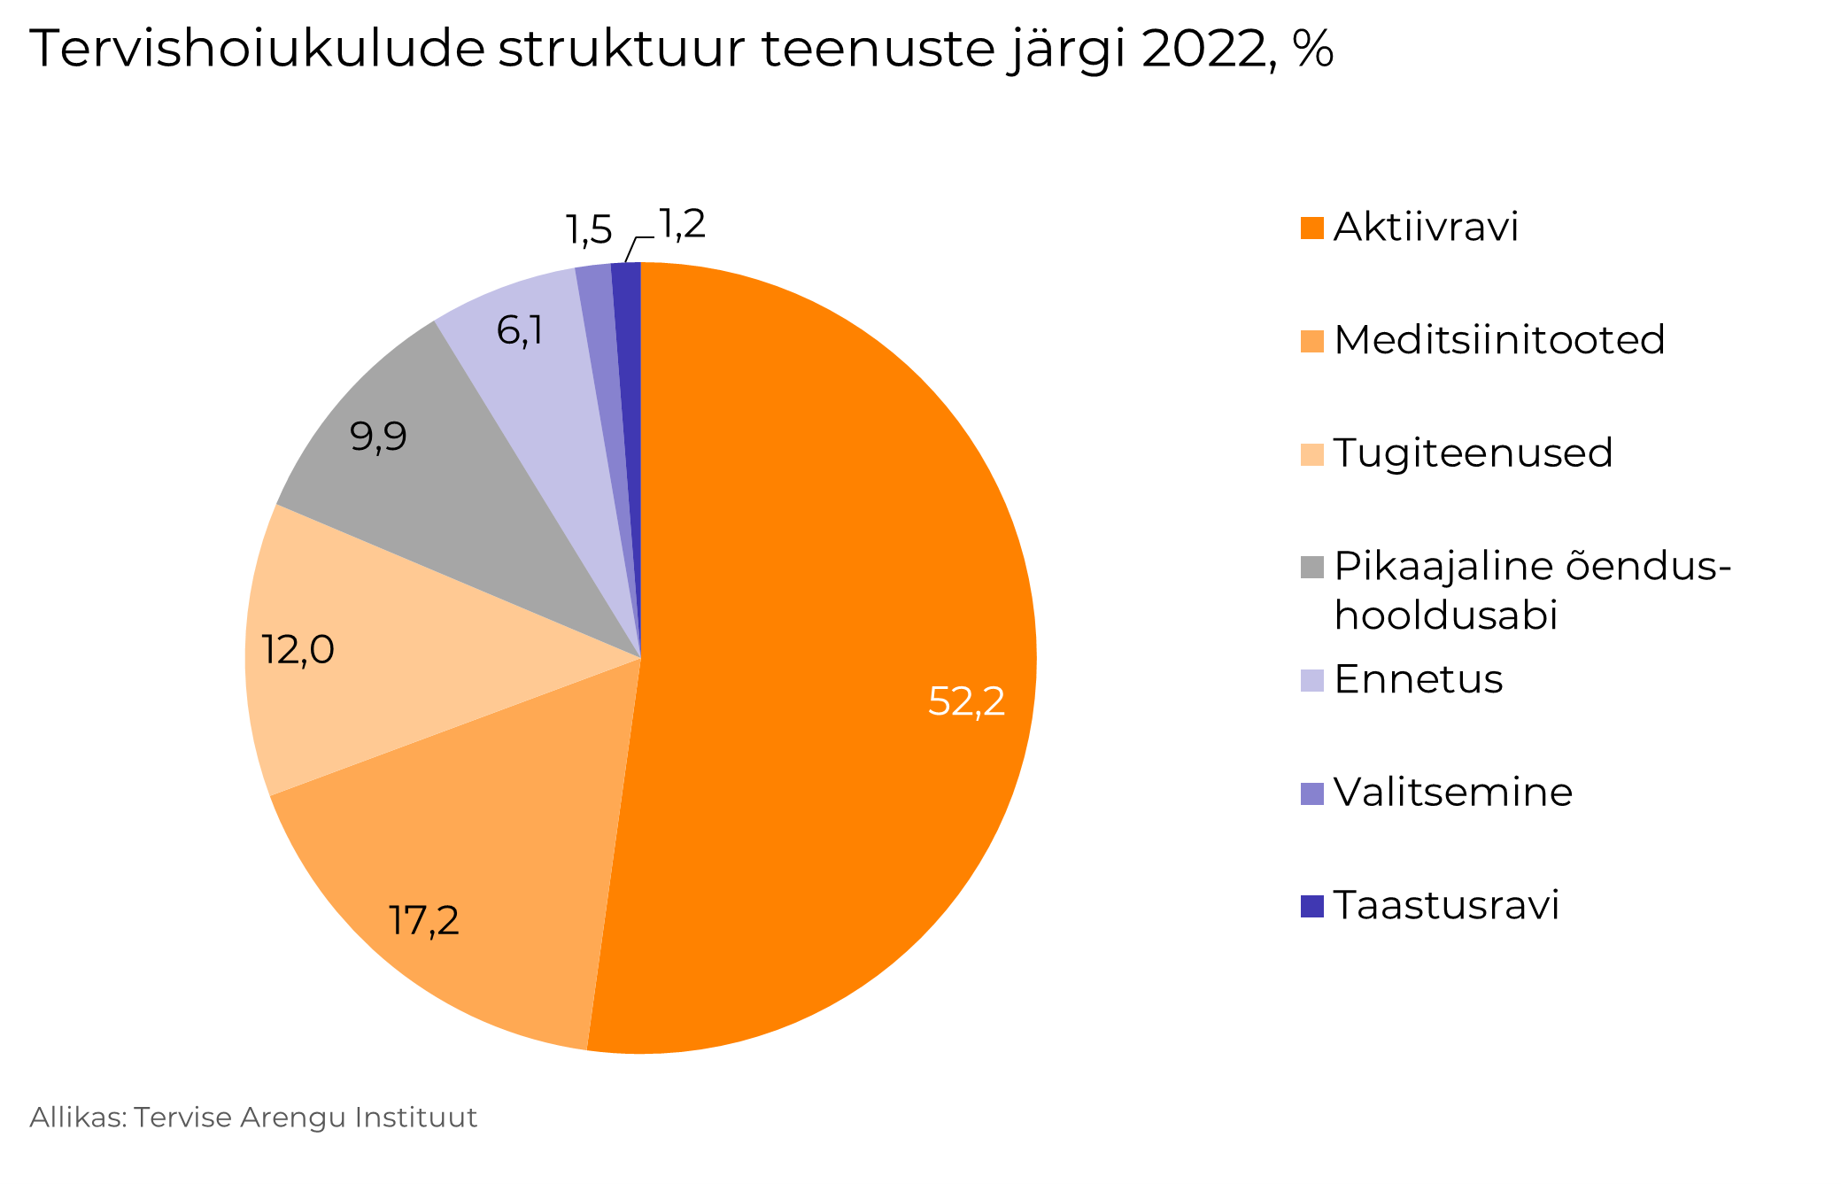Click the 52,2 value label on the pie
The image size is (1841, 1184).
click(966, 701)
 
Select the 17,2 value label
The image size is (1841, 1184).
click(424, 920)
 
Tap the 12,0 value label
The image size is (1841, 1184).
click(298, 650)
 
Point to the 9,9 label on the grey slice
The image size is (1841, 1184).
click(378, 436)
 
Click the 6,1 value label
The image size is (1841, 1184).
click(520, 330)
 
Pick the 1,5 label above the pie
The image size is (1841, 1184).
click(589, 230)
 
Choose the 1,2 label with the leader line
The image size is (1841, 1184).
click(682, 225)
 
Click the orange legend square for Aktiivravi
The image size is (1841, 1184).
click(1311, 228)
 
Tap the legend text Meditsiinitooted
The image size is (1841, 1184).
click(1499, 340)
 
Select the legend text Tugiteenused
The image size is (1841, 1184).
click(1473, 453)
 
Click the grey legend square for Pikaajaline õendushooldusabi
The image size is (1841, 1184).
click(1311, 567)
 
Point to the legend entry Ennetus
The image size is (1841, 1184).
click(1418, 680)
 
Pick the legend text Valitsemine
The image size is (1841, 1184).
click(1452, 793)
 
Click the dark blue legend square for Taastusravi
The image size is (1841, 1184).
click(1311, 906)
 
